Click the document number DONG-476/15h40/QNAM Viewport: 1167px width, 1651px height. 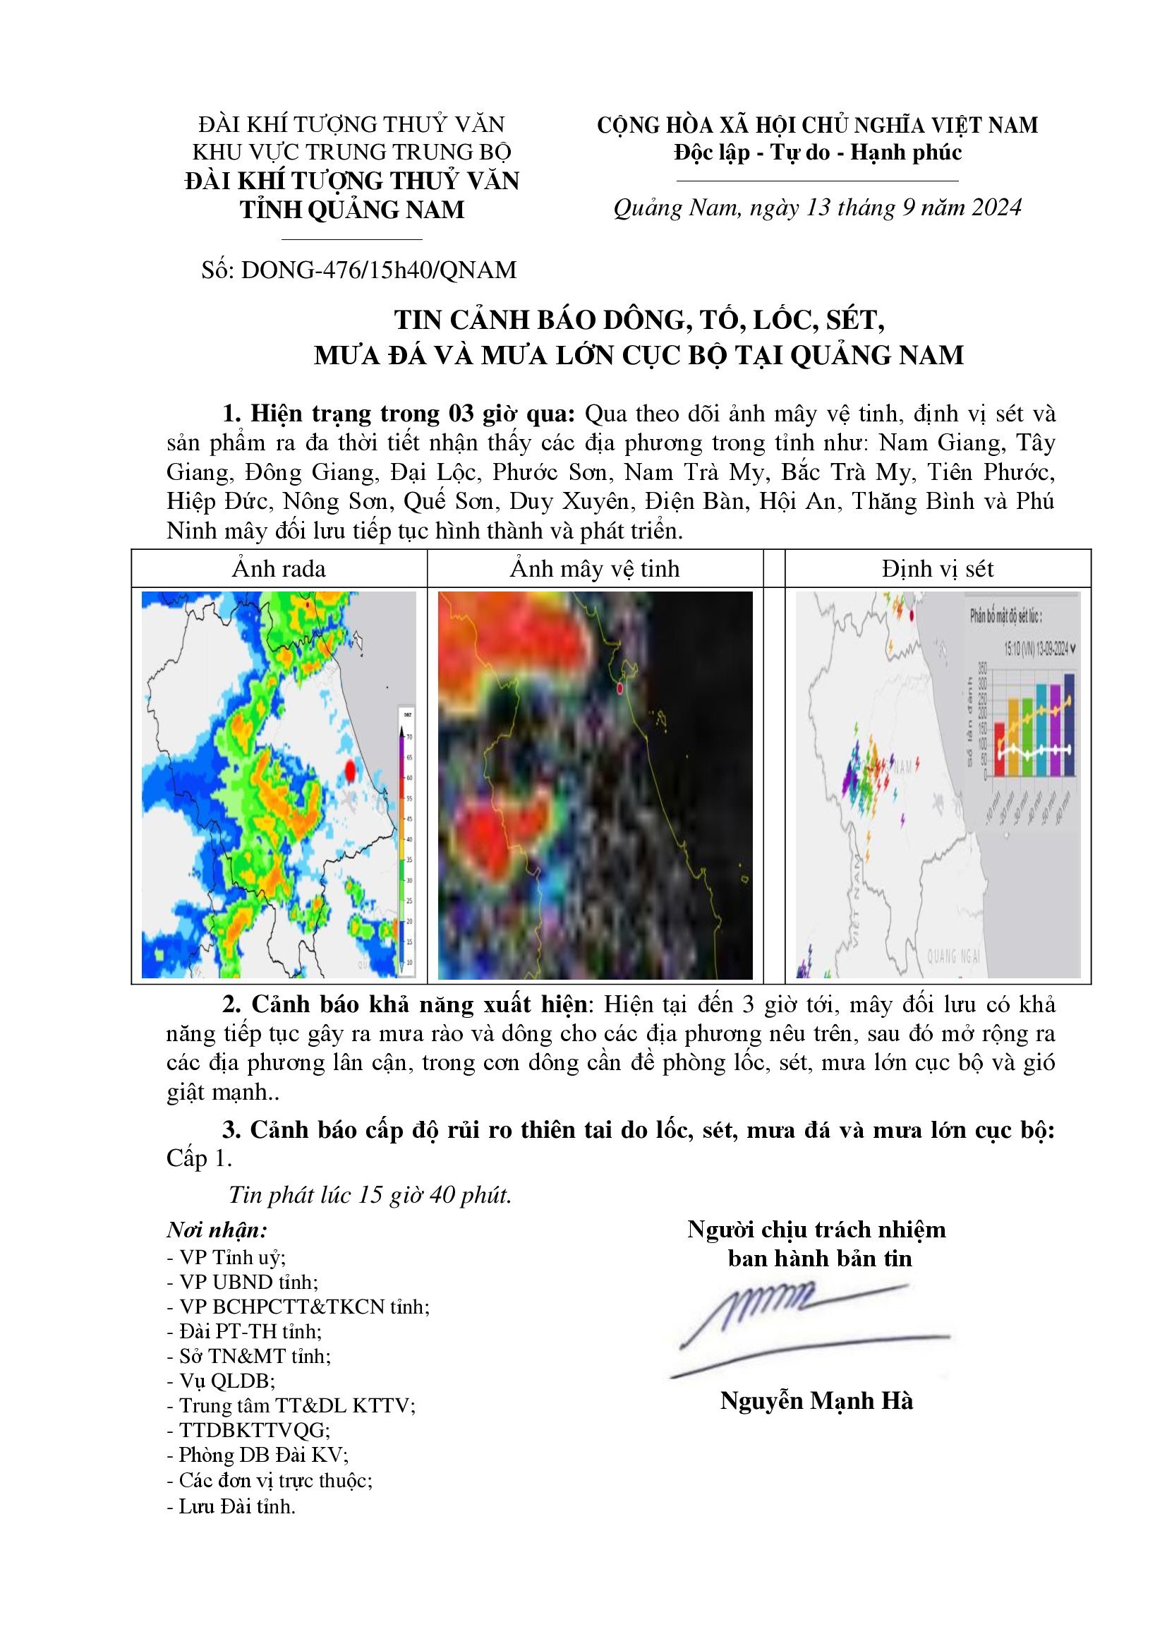pyautogui.click(x=379, y=270)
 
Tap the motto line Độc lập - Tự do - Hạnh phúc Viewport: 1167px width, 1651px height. pyautogui.click(x=818, y=152)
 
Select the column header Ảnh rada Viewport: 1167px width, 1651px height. pyautogui.click(x=279, y=570)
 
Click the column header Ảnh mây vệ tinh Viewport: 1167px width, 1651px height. pyautogui.click(x=594, y=570)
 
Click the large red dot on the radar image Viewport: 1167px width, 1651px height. pyautogui.click(x=350, y=771)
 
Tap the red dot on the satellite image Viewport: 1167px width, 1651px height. pyautogui.click(x=619, y=689)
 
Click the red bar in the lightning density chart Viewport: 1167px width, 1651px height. pyautogui.click(x=999, y=750)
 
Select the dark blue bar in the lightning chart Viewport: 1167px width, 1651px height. pyautogui.click(x=1068, y=724)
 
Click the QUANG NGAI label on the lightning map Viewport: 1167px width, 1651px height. pyautogui.click(x=954, y=956)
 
